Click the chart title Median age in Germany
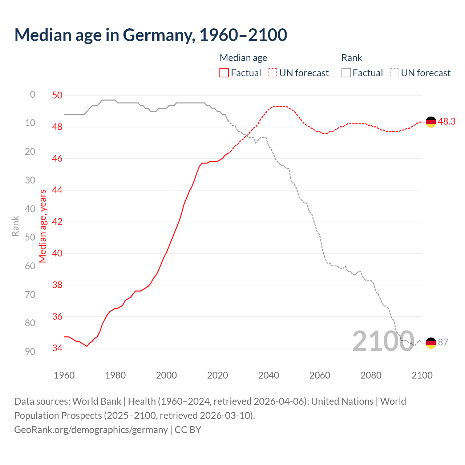151,35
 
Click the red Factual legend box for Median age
224,73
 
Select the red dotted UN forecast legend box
272,73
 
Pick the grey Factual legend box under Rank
346,73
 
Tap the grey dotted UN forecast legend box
395,73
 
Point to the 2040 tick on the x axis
268,375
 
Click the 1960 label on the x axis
64,375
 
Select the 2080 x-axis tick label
371,375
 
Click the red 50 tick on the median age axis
57,95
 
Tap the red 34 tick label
57,348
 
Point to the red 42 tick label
57,222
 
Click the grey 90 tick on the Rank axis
30,351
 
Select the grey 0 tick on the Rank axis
33,94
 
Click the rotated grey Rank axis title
15,226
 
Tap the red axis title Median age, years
43,226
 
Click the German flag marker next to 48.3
431,122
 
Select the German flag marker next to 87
431,343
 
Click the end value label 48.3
446,121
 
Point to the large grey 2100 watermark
383,341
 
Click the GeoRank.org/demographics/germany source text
91,430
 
